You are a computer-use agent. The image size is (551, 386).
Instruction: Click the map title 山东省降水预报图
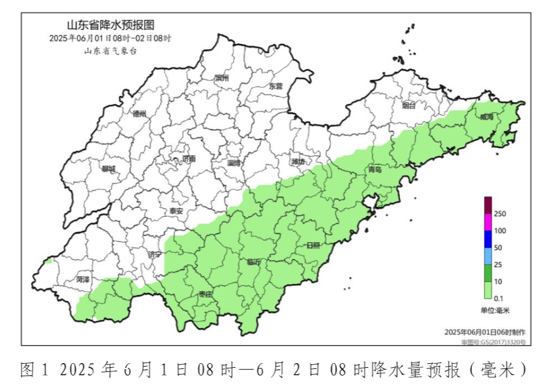[x=111, y=25]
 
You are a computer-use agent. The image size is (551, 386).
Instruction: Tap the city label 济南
[x=189, y=159]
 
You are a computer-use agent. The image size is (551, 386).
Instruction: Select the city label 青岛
[x=375, y=169]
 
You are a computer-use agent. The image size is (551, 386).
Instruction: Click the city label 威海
[x=487, y=117]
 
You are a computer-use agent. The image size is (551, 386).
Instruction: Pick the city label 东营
[x=275, y=86]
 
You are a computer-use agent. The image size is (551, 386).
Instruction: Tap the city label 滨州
[x=221, y=77]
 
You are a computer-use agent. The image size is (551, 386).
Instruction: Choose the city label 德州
[x=139, y=114]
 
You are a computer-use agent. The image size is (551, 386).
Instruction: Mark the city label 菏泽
[x=83, y=280]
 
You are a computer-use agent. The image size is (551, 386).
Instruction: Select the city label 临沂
[x=254, y=262]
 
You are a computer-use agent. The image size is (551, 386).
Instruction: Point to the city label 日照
[x=313, y=245]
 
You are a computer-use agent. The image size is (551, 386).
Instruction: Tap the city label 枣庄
[x=206, y=294]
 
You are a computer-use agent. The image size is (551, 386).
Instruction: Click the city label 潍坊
[x=299, y=161]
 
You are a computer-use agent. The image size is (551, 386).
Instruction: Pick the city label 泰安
[x=176, y=211]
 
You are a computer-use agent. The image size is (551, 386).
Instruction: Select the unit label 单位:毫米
[x=495, y=310]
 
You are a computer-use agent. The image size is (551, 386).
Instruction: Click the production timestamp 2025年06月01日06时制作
[x=485, y=332]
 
